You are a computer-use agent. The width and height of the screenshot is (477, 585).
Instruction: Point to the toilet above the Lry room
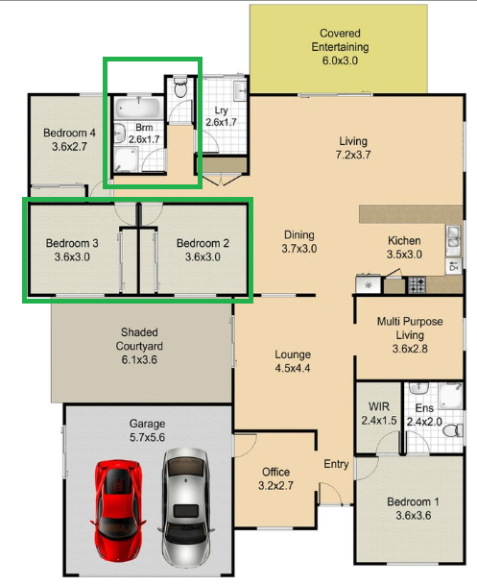(x=180, y=88)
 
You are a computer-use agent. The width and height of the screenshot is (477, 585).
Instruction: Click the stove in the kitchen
(x=417, y=284)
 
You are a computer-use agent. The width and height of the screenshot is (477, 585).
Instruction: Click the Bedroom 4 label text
(x=69, y=140)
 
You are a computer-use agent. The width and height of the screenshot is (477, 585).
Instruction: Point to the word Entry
(x=336, y=465)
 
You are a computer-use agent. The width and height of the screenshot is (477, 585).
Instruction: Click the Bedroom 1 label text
(x=414, y=509)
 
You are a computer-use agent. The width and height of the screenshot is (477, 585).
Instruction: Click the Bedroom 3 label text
(x=72, y=250)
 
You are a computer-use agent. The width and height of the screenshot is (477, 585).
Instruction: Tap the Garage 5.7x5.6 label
(x=148, y=430)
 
